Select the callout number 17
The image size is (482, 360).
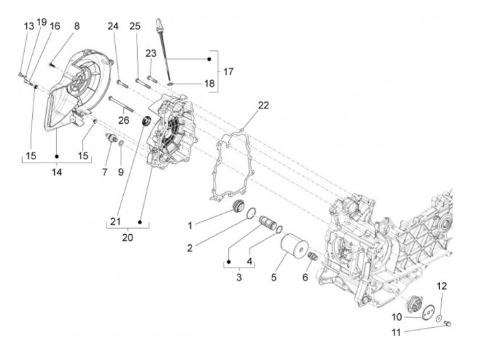[228, 71]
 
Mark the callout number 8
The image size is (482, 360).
[76, 26]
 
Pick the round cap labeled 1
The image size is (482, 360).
[238, 205]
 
